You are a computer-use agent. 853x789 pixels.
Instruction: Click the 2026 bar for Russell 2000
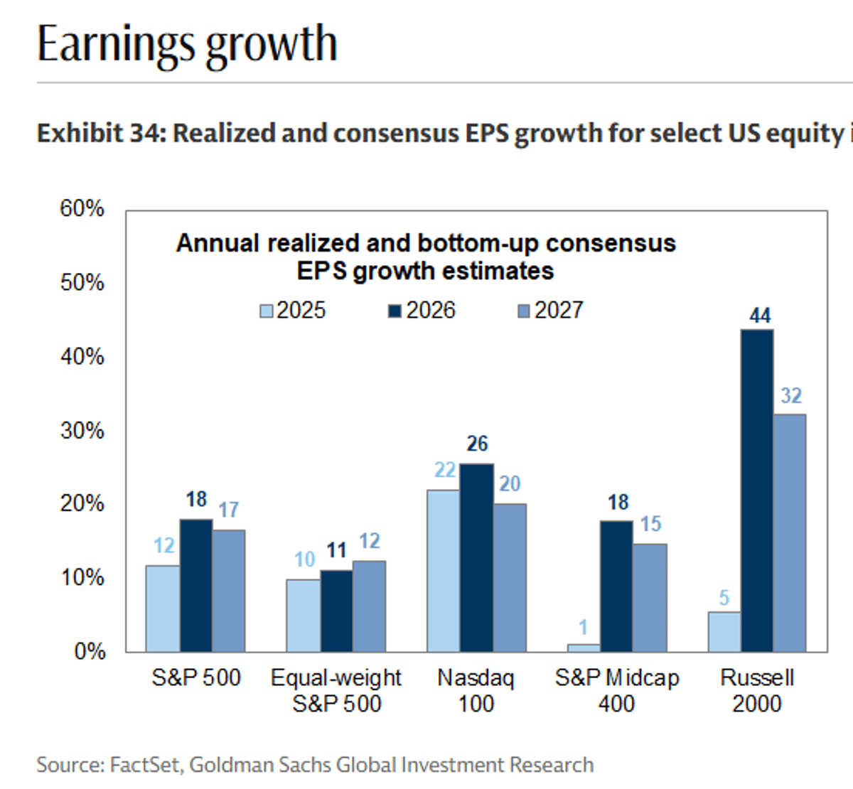click(x=757, y=490)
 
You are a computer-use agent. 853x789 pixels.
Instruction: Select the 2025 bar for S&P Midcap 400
click(x=583, y=648)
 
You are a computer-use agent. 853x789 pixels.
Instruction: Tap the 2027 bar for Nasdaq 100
click(x=510, y=577)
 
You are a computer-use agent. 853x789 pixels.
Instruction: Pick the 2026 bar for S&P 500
click(x=196, y=585)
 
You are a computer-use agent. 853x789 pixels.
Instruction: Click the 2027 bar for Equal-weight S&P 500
click(x=369, y=606)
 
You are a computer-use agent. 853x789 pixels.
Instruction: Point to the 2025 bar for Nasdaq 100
click(x=444, y=570)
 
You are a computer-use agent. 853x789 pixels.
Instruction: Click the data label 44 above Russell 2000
click(x=759, y=316)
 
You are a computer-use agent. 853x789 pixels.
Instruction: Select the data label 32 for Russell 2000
click(x=790, y=396)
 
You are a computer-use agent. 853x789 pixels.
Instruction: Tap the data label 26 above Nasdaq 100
click(x=477, y=444)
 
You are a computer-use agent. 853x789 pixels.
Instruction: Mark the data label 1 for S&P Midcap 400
click(x=583, y=628)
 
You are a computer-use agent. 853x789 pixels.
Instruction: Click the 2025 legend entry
click(x=292, y=311)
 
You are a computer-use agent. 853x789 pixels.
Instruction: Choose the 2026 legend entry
click(x=422, y=311)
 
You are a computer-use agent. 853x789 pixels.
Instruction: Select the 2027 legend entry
click(x=550, y=311)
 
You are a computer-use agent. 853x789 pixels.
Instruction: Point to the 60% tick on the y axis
click(x=82, y=209)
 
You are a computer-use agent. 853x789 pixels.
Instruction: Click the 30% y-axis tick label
click(x=82, y=431)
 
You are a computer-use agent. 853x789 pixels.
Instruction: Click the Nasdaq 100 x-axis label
click(x=476, y=690)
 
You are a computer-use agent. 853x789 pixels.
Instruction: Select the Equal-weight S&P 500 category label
click(x=336, y=690)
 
